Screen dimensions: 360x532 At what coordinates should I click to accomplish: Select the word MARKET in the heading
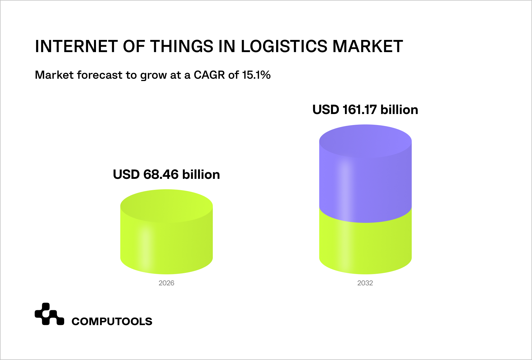pos(367,46)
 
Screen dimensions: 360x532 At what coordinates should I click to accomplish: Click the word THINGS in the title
pos(182,46)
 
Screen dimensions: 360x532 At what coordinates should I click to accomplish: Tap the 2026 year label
pos(166,283)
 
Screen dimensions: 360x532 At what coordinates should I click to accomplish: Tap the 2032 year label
pos(365,283)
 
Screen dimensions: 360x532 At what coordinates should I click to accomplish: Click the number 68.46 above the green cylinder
pos(161,175)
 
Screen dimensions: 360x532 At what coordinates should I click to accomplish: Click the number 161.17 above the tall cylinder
pos(360,110)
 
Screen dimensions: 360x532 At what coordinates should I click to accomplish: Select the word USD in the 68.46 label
pos(126,175)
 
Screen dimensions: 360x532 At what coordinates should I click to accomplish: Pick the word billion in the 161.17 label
pos(399,110)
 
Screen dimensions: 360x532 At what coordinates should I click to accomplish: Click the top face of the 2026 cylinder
pos(166,205)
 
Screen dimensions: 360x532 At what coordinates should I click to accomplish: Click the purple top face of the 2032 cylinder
pos(365,141)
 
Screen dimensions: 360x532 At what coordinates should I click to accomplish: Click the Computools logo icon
pos(49,314)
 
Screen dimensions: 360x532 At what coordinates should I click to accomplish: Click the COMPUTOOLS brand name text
pos(112,322)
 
